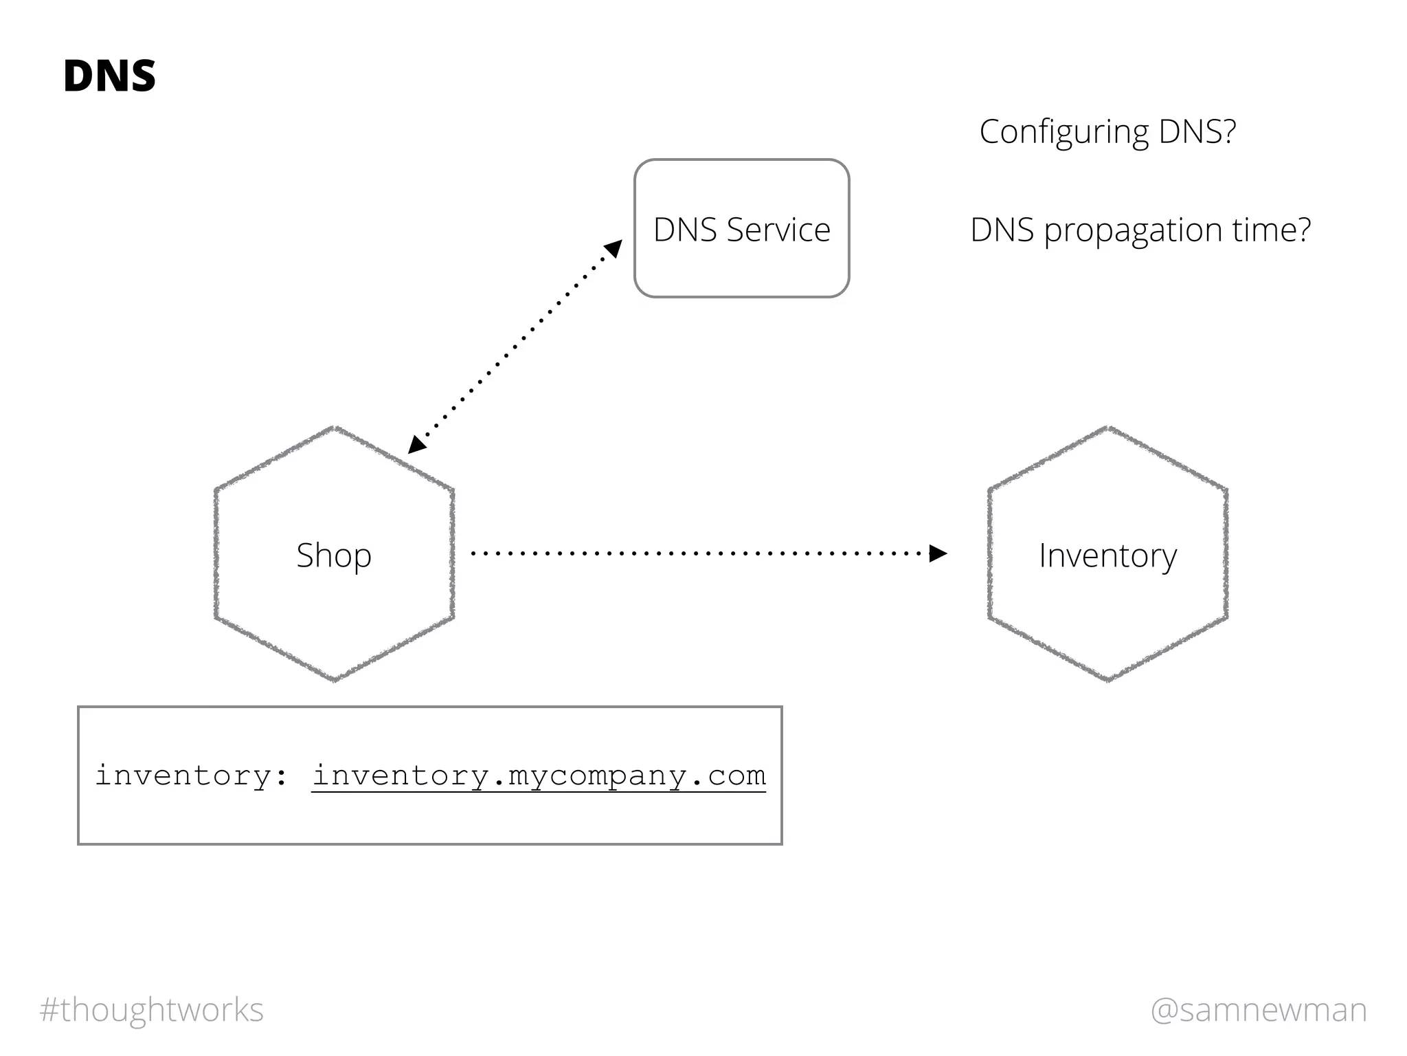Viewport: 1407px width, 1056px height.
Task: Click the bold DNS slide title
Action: click(109, 76)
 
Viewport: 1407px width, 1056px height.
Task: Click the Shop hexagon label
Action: click(334, 555)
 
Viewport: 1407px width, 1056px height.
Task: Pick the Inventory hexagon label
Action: click(1107, 555)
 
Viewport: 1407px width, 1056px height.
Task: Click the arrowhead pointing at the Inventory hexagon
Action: click(938, 553)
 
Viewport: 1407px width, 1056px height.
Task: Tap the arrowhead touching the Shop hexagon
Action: click(416, 445)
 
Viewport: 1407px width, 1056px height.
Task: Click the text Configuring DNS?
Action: click(1107, 131)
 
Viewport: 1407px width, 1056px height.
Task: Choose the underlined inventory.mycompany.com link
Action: click(539, 776)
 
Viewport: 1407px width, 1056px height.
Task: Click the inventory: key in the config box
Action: click(191, 776)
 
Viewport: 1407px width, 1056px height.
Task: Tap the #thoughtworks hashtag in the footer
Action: click(152, 1010)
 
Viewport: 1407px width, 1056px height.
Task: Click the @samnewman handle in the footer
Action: click(1259, 1010)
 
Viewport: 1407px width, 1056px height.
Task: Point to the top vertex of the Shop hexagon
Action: click(335, 428)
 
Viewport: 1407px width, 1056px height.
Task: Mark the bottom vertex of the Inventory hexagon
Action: click(1108, 680)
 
